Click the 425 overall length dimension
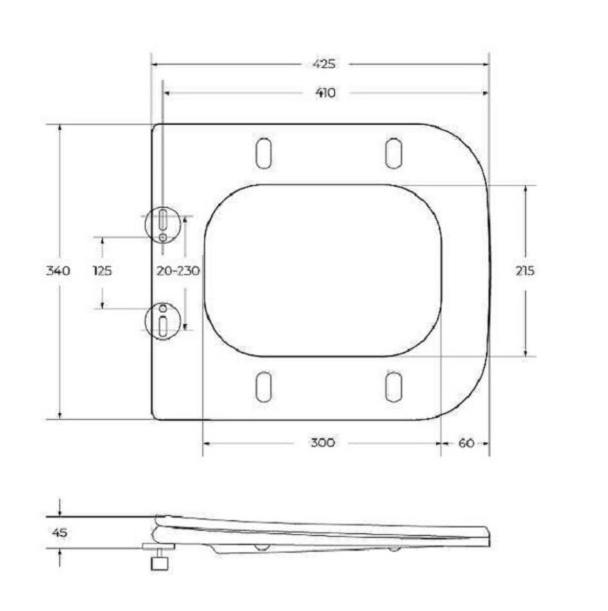pyautogui.click(x=324, y=64)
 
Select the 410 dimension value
pyautogui.click(x=325, y=93)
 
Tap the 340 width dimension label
pyautogui.click(x=58, y=270)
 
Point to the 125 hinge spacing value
pyautogui.click(x=102, y=270)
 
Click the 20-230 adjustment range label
pyautogui.click(x=178, y=270)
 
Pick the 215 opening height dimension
pyautogui.click(x=525, y=270)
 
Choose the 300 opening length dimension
pyautogui.click(x=323, y=442)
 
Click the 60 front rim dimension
pyautogui.click(x=466, y=443)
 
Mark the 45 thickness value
pyautogui.click(x=59, y=533)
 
